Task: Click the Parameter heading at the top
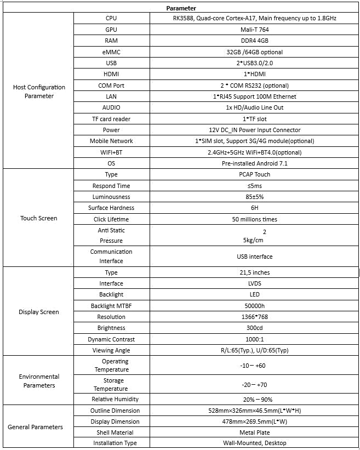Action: click(181, 8)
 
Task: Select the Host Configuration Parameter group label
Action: click(39, 92)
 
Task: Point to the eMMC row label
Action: click(111, 52)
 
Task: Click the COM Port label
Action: click(111, 86)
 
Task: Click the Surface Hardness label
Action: click(111, 208)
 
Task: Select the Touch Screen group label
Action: click(39, 218)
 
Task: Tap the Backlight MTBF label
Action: click(111, 306)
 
